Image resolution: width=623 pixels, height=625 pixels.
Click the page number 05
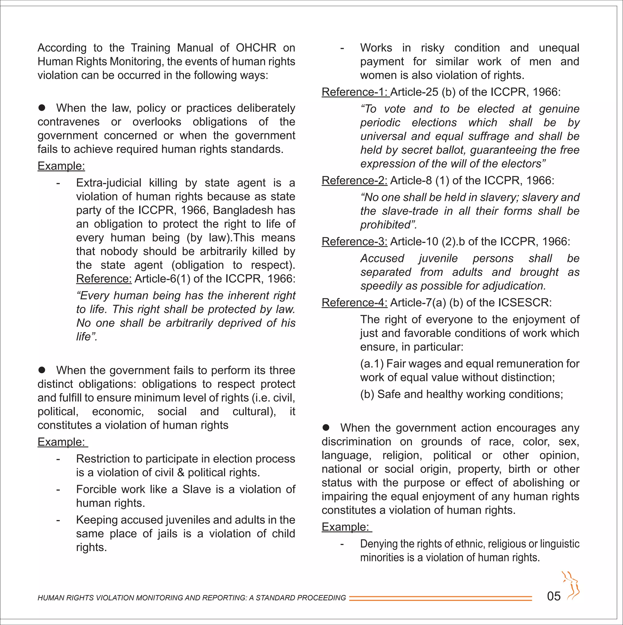click(553, 596)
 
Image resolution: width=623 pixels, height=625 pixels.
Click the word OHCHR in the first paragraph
click(256, 48)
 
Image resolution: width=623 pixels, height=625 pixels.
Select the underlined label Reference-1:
click(355, 92)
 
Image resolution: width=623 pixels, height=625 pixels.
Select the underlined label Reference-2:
click(354, 181)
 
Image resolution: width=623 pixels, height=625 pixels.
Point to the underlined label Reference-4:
click(354, 303)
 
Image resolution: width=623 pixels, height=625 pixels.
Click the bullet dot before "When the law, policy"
click(42, 108)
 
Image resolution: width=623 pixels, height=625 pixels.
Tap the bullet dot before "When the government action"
click(326, 428)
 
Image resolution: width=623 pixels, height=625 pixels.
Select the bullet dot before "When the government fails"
click(42, 370)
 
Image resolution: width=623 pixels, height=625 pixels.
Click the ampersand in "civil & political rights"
click(181, 473)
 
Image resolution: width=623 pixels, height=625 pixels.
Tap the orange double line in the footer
click(440, 599)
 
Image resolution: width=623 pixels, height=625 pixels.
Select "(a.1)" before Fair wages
click(371, 364)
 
